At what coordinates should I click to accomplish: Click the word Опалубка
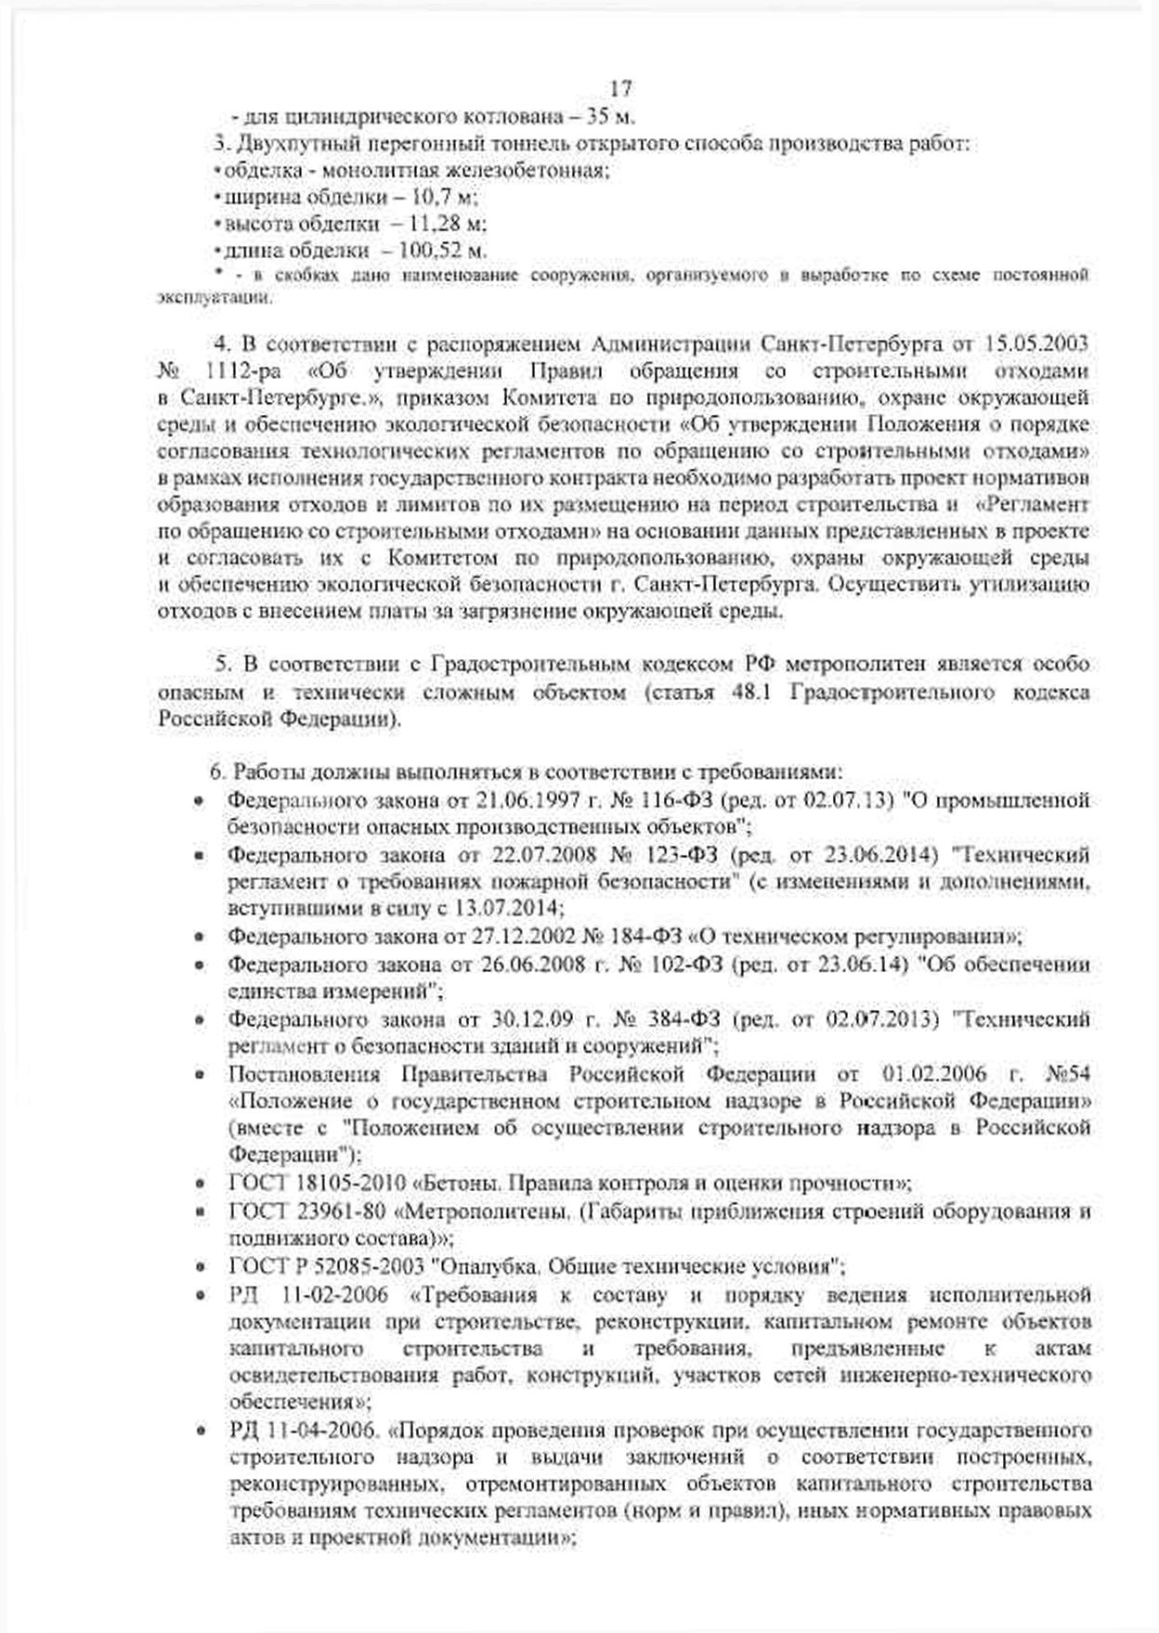pyautogui.click(x=491, y=1266)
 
